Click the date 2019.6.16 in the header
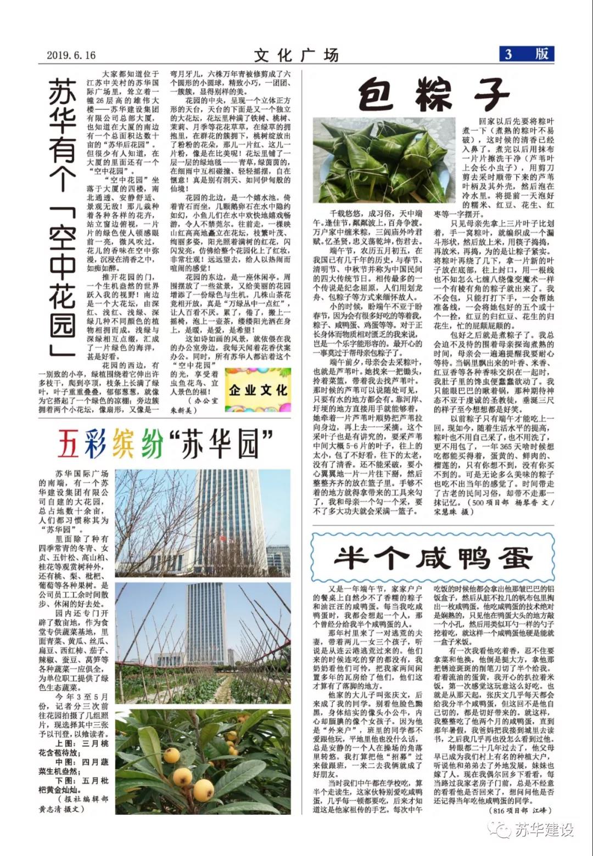point(71,55)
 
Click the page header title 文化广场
point(296,55)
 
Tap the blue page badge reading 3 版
point(526,54)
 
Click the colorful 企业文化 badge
point(258,390)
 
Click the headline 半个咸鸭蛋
point(433,558)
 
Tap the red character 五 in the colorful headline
point(69,444)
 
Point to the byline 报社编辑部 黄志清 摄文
point(74,804)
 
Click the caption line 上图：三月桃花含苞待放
point(74,748)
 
